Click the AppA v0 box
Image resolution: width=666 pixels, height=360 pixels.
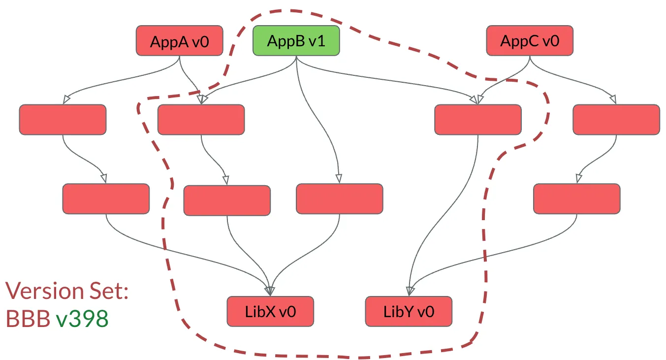[179, 41]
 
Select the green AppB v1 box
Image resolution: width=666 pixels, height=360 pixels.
[296, 40]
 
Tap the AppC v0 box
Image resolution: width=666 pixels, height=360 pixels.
[530, 41]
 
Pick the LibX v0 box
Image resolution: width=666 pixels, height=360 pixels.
[270, 311]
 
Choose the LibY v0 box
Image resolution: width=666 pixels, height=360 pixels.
[409, 311]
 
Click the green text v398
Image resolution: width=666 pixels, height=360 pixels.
[82, 320]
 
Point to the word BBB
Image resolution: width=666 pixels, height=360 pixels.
[28, 320]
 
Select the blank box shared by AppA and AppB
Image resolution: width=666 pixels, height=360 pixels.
[201, 120]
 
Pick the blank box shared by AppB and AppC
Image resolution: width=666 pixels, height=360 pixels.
[477, 120]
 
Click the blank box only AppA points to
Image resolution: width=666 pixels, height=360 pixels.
[63, 120]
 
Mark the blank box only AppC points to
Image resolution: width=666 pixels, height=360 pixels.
[616, 120]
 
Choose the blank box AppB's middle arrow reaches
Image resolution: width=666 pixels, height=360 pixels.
[339, 199]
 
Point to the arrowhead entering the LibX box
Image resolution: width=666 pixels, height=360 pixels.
[270, 291]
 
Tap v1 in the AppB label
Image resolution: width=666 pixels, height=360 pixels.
[317, 40]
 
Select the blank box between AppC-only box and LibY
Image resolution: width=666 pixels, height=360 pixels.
[576, 199]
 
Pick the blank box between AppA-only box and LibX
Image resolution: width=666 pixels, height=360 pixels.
[106, 199]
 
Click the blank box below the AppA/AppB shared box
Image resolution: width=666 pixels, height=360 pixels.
[227, 200]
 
